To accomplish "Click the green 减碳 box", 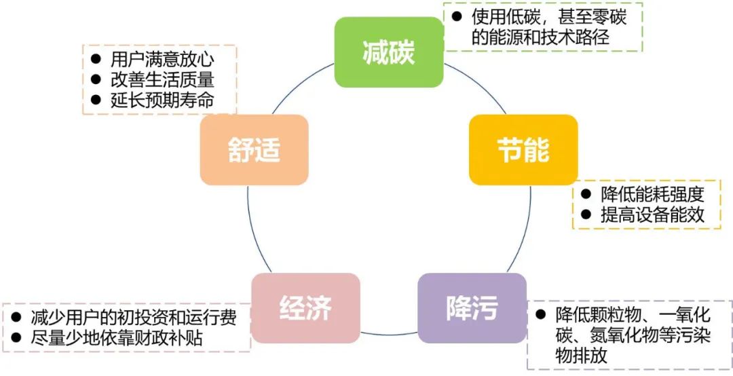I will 389,52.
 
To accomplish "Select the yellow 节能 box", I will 523,149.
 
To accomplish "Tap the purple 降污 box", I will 471,308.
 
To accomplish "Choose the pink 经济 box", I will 305,307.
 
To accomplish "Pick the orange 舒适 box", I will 254,149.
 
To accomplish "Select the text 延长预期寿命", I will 162,100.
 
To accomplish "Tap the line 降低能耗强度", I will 652,194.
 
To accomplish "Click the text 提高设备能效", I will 652,215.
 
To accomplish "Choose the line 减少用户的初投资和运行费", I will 133,317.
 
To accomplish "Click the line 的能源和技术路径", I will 540,37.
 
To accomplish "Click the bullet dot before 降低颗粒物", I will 541,315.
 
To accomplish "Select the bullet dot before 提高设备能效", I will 585,214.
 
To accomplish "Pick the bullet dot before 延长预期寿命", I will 96,100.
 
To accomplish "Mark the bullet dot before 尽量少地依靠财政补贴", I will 16,337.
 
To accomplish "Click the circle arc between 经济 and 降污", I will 388,334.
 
